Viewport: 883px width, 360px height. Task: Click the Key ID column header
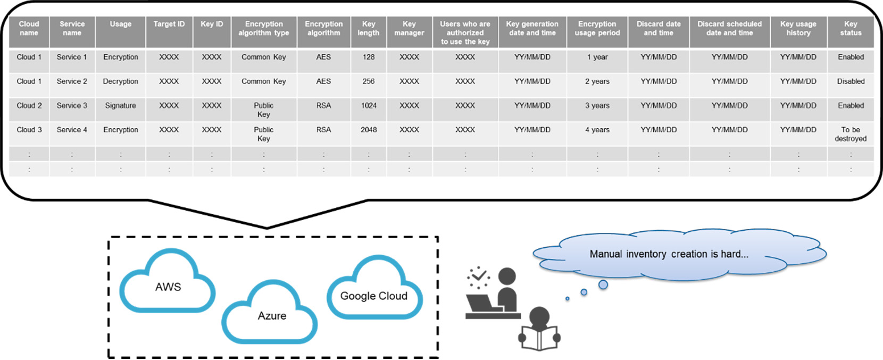click(x=212, y=24)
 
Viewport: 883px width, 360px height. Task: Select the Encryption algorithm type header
click(x=264, y=28)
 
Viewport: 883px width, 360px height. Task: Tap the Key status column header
click(x=851, y=28)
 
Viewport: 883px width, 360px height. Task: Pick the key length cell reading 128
click(x=369, y=57)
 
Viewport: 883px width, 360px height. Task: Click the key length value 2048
click(x=369, y=130)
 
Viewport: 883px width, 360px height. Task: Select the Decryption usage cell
click(x=121, y=81)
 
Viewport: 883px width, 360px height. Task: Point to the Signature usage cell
click(x=121, y=106)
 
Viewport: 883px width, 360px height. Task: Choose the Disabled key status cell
click(x=851, y=81)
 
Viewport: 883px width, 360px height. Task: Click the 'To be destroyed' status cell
click(x=851, y=134)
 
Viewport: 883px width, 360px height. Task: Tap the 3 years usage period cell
click(x=597, y=106)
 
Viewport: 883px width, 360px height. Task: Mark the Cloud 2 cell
click(x=29, y=106)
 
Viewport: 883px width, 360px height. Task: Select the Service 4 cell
click(x=72, y=130)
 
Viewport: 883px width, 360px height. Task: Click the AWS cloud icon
click(x=167, y=281)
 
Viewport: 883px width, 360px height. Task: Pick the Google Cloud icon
click(x=374, y=288)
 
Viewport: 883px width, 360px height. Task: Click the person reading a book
click(x=539, y=329)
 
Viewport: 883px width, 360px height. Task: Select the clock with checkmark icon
click(x=479, y=277)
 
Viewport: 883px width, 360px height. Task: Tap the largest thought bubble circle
click(x=603, y=284)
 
